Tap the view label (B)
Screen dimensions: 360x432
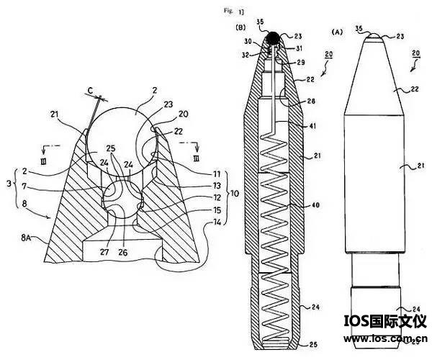point(240,28)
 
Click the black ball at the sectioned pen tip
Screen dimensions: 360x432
point(274,37)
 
